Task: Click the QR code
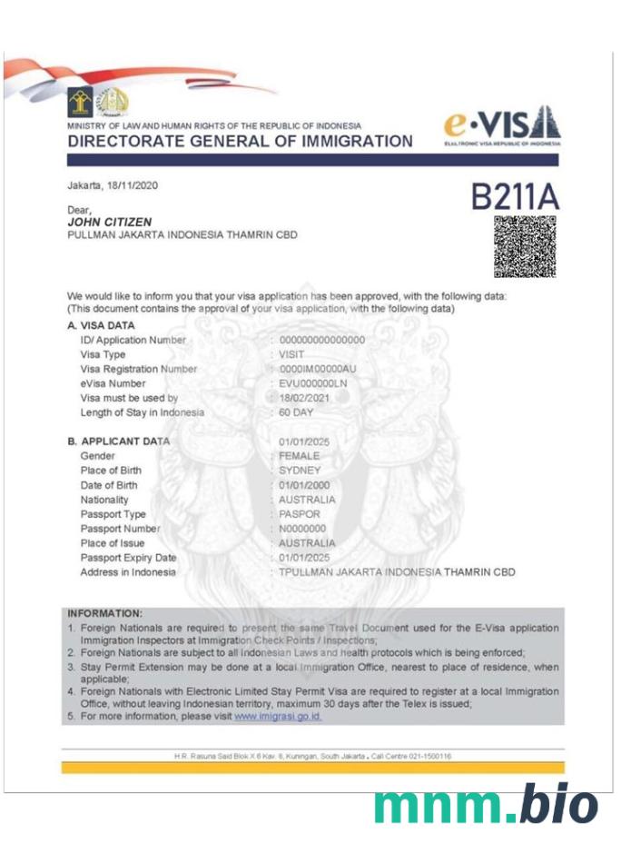(524, 246)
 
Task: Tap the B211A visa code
(515, 196)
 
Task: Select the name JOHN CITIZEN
(109, 222)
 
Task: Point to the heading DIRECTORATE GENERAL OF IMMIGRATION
(240, 142)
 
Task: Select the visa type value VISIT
(291, 354)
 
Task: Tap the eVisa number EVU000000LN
(313, 383)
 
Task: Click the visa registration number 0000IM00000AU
(317, 369)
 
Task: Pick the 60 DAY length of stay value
(297, 412)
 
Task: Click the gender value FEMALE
(300, 456)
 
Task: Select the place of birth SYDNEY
(300, 471)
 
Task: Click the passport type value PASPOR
(300, 514)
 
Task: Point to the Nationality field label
(104, 500)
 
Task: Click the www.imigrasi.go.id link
(278, 716)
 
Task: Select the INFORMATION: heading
(104, 614)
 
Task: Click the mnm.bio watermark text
(485, 806)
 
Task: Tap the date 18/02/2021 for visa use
(303, 398)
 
